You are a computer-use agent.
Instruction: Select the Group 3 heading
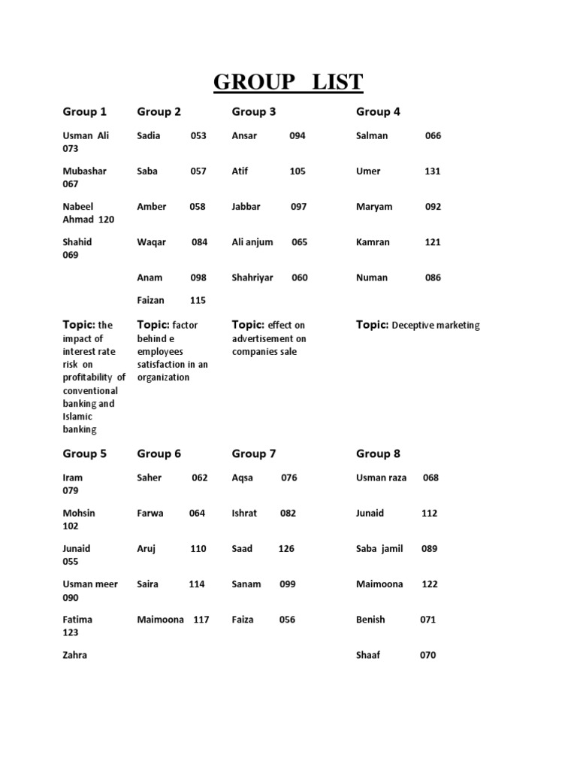254,112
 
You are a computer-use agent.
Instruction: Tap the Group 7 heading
254,454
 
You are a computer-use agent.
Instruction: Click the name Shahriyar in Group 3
252,278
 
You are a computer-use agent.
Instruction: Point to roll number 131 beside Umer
433,171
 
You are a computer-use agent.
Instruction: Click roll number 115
198,301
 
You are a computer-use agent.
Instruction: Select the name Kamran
374,243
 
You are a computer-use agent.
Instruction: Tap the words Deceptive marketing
436,326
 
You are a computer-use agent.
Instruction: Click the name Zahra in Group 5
75,656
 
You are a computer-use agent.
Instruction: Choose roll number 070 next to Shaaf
427,656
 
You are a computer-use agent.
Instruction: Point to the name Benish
370,620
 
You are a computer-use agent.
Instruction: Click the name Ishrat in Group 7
244,514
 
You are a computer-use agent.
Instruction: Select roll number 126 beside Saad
286,549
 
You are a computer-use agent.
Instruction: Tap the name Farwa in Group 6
150,514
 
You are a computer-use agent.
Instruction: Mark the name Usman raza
381,478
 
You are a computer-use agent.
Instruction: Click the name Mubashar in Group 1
85,171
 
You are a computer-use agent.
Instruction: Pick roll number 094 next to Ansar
298,136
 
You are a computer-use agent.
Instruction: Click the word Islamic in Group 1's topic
78,417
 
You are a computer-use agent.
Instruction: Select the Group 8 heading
378,454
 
